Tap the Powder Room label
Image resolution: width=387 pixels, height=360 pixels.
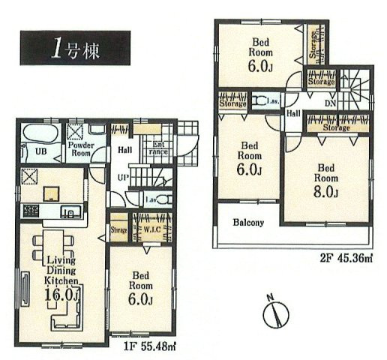click(x=81, y=147)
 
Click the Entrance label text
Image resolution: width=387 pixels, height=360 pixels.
click(x=160, y=147)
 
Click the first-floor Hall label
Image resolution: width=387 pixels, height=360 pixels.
click(x=125, y=150)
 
